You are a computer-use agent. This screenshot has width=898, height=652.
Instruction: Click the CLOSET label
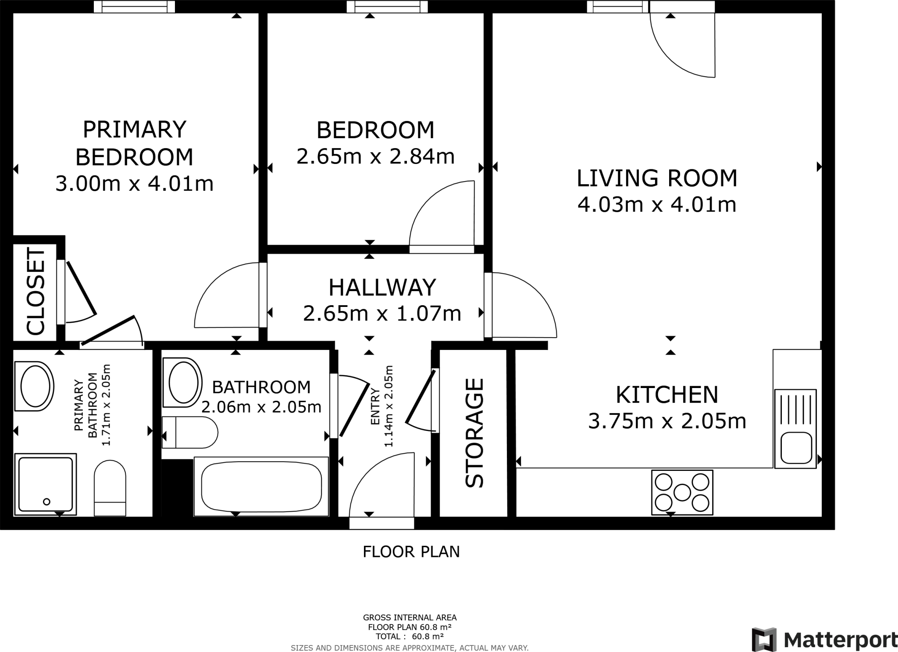point(36,292)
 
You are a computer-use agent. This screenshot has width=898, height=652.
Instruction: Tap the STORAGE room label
point(474,433)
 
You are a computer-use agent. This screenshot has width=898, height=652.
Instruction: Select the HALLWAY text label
point(382,287)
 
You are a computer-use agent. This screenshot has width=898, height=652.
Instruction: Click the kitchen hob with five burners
point(682,492)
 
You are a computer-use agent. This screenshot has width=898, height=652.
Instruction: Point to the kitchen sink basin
point(795,447)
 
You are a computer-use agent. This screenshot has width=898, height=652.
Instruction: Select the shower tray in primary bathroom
point(45,484)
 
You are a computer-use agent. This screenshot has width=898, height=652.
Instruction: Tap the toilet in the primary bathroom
point(110,488)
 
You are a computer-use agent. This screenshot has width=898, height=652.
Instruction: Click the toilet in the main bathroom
point(190,432)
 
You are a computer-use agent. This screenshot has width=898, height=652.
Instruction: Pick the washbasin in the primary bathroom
point(34,386)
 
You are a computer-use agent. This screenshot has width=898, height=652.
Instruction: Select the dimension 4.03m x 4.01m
point(657,205)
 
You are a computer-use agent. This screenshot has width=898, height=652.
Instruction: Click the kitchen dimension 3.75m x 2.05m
point(667,421)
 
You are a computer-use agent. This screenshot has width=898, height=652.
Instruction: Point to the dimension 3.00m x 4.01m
point(134,184)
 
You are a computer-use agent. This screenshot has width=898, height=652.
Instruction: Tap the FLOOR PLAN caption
point(411,552)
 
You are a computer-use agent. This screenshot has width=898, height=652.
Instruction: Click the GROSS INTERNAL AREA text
point(410,617)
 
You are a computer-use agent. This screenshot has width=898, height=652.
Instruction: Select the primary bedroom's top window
point(134,7)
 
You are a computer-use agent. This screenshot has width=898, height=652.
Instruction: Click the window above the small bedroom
point(387,7)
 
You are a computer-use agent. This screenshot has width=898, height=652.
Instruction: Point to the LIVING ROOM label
point(657,178)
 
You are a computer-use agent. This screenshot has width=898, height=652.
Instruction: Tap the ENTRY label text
point(375,406)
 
